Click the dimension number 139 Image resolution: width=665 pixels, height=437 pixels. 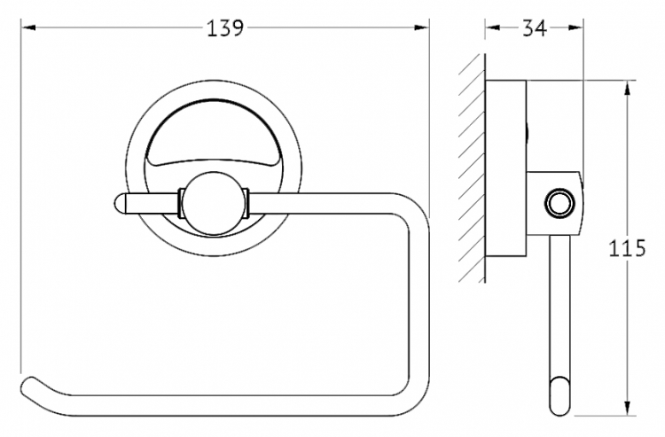(x=225, y=28)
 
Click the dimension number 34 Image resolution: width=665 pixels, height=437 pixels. (x=535, y=28)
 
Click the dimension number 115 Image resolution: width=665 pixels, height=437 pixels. (x=627, y=248)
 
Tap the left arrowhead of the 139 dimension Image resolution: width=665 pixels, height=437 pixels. (x=28, y=28)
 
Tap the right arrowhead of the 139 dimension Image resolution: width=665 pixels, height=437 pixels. (x=421, y=28)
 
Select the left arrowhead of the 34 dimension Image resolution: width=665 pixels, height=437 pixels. (x=492, y=28)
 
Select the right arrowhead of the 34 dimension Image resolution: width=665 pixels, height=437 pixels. (x=575, y=28)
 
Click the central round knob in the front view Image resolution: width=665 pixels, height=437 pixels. (x=214, y=203)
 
